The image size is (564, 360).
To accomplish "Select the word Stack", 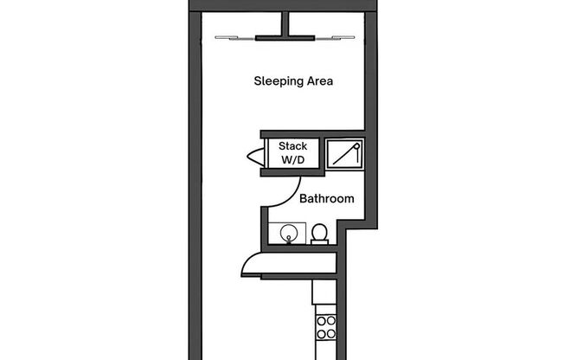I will click(292, 146).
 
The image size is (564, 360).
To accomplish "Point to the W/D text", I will click(292, 160).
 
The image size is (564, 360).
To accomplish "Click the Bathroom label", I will click(326, 199).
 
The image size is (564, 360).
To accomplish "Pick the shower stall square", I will click(345, 152).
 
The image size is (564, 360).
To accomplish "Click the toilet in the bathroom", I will click(319, 234).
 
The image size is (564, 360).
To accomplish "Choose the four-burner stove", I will click(326, 327).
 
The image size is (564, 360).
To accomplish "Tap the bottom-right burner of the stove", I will click(331, 333).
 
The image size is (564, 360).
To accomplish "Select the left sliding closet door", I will click(235, 37).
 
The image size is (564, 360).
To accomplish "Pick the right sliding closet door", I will click(333, 37).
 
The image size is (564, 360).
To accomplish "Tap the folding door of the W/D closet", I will click(253, 157).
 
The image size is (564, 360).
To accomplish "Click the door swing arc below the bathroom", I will click(256, 260).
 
